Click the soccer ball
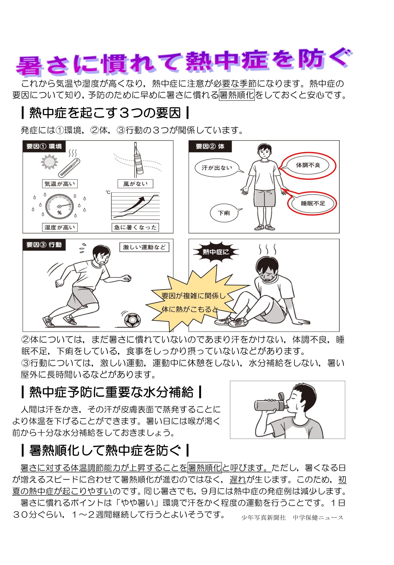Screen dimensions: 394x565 tap(132, 320)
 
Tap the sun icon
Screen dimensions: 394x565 tap(49, 162)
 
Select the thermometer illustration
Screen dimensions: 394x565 tap(69, 167)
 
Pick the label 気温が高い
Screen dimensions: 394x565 tap(60, 184)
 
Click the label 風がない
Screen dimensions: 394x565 tap(135, 184)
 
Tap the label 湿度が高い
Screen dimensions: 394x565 tap(60, 227)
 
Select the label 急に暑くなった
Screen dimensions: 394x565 tap(135, 227)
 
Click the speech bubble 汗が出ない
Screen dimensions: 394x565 tap(217, 168)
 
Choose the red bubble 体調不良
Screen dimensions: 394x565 tap(308, 165)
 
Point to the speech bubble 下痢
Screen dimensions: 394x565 tap(224, 213)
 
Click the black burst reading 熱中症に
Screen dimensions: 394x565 tap(215, 252)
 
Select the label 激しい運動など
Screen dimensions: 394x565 tap(144, 247)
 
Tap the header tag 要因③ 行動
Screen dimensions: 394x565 tap(44, 245)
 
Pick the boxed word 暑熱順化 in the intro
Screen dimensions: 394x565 tap(237, 95)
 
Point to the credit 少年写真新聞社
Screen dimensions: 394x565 tap(264, 518)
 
